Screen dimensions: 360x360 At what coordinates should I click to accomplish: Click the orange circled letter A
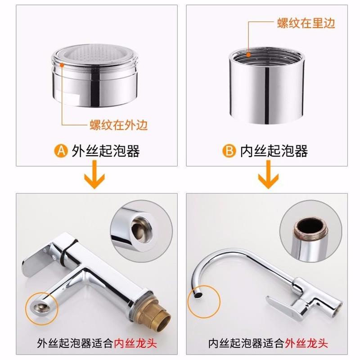point(61,151)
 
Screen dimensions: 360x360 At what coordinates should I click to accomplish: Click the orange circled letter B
point(229,151)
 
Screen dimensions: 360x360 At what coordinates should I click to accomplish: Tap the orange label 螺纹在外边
point(118,125)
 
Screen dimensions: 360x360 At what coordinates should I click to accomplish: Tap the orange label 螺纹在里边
point(306,23)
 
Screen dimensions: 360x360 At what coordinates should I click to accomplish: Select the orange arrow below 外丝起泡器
point(94,175)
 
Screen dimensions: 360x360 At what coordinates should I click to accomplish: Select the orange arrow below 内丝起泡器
point(268,175)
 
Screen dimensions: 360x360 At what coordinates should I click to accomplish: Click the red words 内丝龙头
point(135,343)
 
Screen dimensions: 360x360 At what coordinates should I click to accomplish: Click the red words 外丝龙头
point(306,343)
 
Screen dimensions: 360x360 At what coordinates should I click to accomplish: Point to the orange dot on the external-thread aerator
point(62,65)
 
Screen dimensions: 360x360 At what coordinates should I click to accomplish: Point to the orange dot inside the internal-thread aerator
point(248,54)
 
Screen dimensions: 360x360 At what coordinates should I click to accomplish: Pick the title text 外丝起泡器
point(106,151)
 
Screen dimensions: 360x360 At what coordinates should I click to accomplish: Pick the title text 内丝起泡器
point(274,151)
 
